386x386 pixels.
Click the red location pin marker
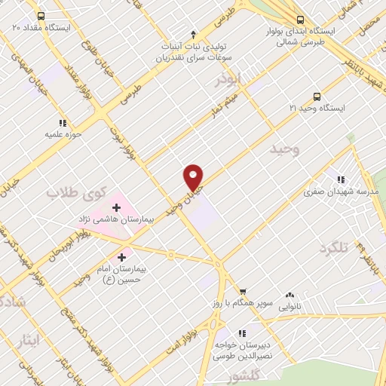(x=194, y=177)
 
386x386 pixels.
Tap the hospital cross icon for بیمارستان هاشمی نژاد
(x=118, y=207)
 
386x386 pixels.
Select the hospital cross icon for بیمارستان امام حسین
(x=121, y=257)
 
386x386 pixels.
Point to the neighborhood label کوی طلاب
(x=73, y=193)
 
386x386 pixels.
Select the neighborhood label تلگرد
(x=335, y=249)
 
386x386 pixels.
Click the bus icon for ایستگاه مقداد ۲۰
(x=39, y=14)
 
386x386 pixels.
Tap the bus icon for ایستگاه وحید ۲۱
(x=316, y=96)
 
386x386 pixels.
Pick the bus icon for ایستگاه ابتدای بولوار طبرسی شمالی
(x=301, y=20)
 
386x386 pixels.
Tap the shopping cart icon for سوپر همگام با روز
(x=243, y=292)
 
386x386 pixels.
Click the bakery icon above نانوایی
(x=289, y=296)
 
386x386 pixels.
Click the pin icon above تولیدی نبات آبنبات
(x=194, y=34)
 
